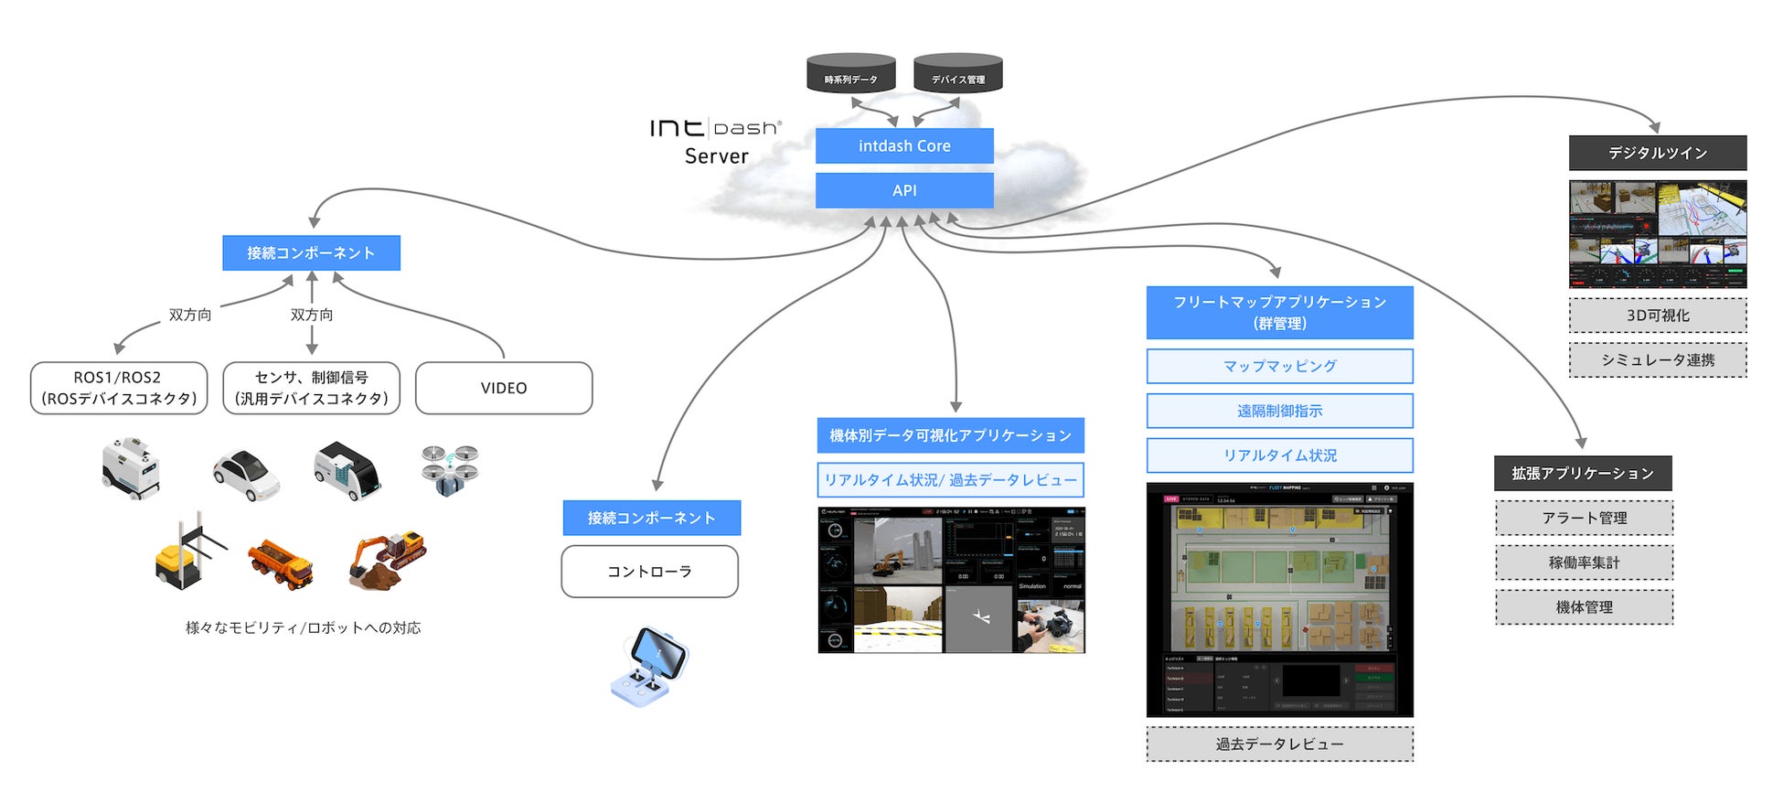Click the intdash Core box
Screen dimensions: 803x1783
tap(903, 145)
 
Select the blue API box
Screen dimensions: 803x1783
tap(903, 190)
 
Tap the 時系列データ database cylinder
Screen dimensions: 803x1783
tap(850, 73)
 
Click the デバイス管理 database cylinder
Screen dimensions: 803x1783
tap(957, 73)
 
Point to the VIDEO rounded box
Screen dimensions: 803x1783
tap(503, 388)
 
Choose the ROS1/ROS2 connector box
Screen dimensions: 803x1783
tap(119, 388)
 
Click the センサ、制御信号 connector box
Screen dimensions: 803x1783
tap(311, 388)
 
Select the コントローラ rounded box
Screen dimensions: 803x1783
tap(649, 572)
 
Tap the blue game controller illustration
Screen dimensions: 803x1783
tap(649, 666)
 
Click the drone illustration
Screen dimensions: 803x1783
tap(450, 469)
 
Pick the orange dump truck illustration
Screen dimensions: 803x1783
tap(281, 563)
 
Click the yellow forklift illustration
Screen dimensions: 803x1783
tap(187, 553)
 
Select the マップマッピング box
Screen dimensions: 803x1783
tap(1279, 366)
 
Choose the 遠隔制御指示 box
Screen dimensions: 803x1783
tap(1279, 411)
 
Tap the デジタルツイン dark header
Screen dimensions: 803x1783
tap(1657, 153)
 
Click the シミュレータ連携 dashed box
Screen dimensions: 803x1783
tap(1657, 359)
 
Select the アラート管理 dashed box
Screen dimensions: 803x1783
tap(1584, 518)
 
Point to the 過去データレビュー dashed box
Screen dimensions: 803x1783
tap(1279, 744)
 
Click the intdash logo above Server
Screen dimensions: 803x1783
tap(715, 128)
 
